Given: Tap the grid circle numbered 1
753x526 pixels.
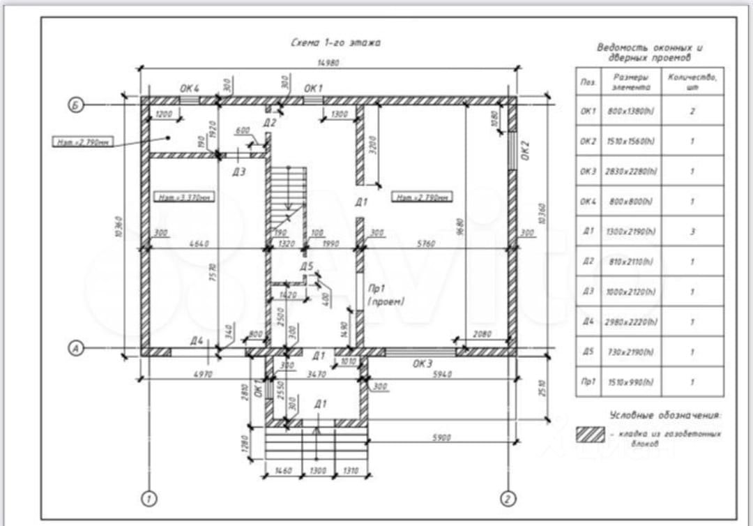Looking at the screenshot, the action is (148, 498).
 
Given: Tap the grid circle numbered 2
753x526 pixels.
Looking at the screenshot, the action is (509, 498).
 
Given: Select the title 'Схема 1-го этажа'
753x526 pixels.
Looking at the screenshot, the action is (335, 43).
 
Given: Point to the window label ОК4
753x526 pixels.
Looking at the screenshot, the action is (190, 89).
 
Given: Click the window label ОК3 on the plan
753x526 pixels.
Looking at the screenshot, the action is (423, 363).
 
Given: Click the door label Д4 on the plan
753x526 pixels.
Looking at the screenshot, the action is (197, 340).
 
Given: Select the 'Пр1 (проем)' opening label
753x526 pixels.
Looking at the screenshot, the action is (386, 294).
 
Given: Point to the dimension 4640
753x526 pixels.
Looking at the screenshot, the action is (200, 244).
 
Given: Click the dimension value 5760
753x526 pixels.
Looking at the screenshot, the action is (426, 244).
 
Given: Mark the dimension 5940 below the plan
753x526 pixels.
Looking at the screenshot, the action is (442, 375).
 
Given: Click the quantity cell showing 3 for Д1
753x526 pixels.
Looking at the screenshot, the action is (692, 232).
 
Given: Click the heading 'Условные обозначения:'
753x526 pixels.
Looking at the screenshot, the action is (665, 416).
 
